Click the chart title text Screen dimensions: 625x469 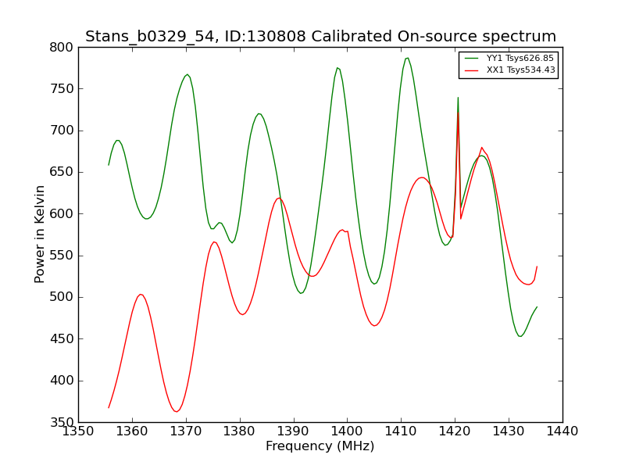tap(320, 36)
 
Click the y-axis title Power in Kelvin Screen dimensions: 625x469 tap(40, 234)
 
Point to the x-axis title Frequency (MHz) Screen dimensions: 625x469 tap(320, 446)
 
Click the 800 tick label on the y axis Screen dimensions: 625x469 tap(62, 48)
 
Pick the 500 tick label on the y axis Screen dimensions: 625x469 tap(62, 297)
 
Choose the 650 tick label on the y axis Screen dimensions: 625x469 tap(62, 172)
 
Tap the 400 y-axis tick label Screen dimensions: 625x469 tap(62, 381)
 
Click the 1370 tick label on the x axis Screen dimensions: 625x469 tap(186, 431)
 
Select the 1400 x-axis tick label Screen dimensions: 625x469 tap(347, 431)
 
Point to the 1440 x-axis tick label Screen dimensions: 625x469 tap(562, 431)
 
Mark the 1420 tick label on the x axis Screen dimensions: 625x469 tap(455, 431)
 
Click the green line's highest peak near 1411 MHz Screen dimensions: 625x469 tap(407, 58)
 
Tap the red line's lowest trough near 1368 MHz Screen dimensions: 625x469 tap(177, 411)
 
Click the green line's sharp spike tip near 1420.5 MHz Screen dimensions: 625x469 tap(458, 97)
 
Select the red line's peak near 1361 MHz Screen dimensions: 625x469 tap(141, 295)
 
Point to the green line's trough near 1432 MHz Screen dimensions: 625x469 tap(520, 336)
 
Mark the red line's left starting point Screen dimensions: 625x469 tap(109, 407)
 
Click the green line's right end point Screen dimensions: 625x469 tap(537, 307)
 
